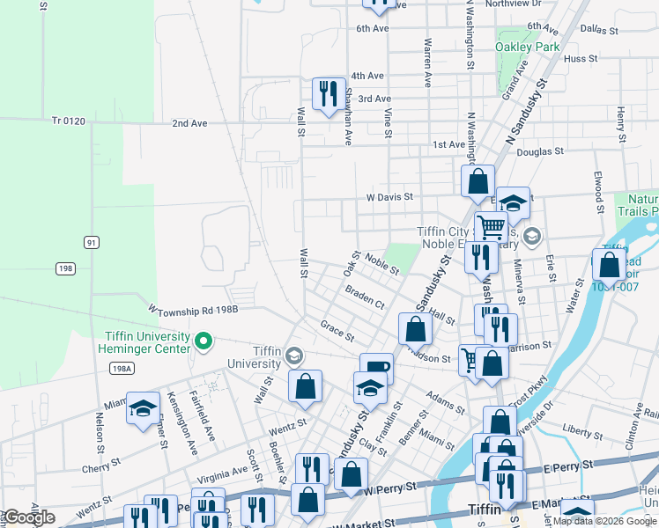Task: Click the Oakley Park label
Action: [x=527, y=46]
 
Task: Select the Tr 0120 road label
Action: [x=68, y=121]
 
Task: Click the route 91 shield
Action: [x=90, y=241]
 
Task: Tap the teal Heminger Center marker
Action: [x=204, y=341]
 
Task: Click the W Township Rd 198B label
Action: [x=193, y=310]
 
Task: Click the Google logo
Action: [x=28, y=517]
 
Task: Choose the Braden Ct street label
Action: [x=364, y=297]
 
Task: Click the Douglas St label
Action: [x=540, y=151]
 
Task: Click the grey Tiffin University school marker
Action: [x=293, y=356]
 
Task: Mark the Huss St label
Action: [x=581, y=59]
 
